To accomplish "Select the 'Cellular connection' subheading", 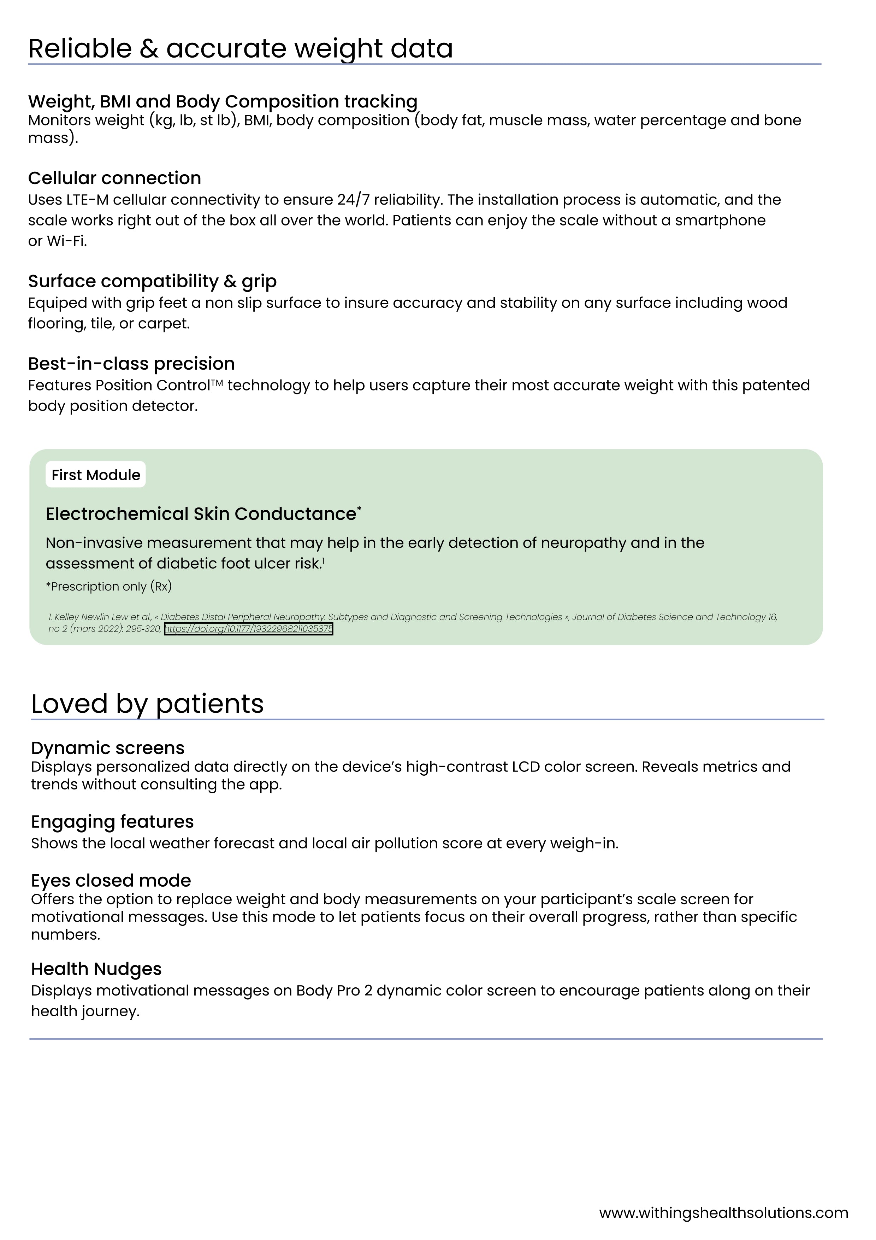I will point(114,178).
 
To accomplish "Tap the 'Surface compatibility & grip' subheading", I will point(152,281).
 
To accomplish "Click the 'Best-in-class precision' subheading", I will point(131,364).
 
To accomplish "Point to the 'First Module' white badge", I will point(95,475).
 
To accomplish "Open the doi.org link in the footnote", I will point(248,629).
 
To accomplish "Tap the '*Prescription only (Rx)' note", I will point(108,587).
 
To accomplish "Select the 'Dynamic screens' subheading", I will point(107,748).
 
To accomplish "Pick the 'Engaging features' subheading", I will point(112,822).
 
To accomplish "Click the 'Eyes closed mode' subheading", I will point(111,880).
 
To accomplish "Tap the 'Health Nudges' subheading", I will point(96,969).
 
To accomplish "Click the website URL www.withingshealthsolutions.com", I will point(723,1213).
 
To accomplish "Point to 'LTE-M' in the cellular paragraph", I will point(88,200).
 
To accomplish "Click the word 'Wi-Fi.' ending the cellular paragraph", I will point(67,241).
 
